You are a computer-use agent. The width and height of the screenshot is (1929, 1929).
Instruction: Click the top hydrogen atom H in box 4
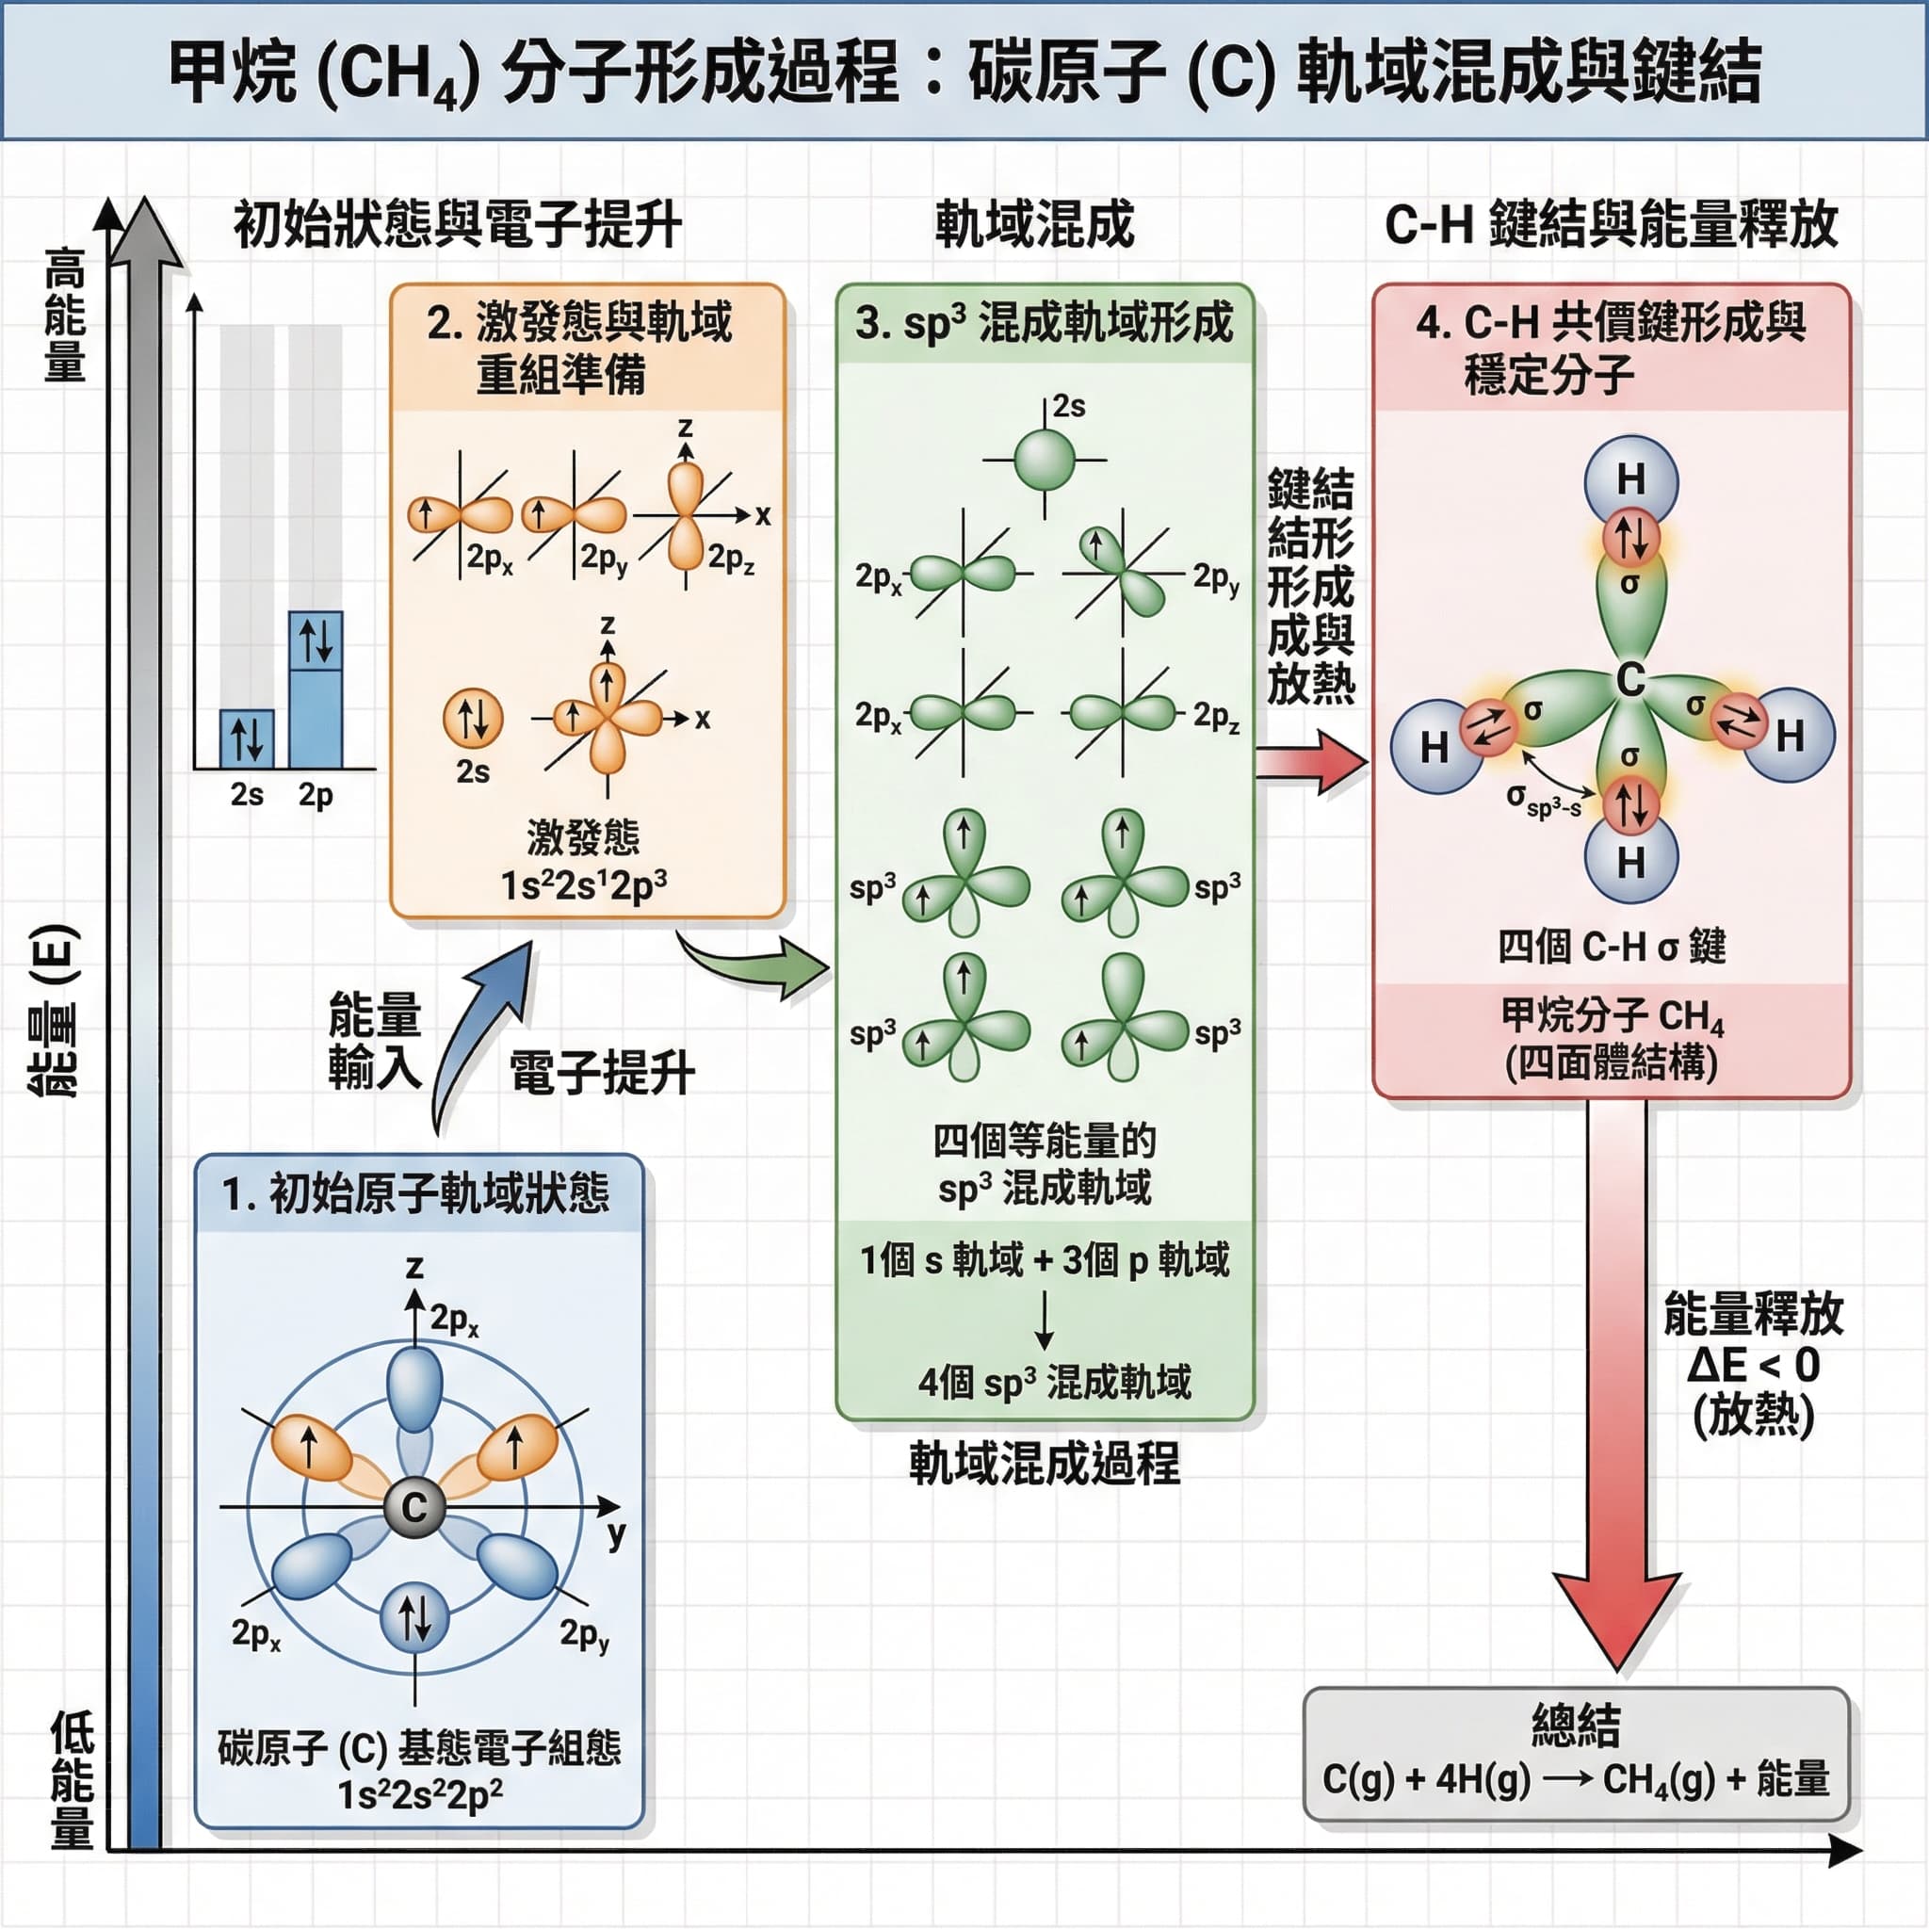coord(1630,479)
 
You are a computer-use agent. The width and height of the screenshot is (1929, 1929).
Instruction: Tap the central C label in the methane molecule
coord(1630,680)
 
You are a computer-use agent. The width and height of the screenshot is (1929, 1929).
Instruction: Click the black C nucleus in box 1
coord(413,1507)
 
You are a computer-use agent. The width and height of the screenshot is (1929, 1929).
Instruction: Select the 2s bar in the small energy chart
coord(247,738)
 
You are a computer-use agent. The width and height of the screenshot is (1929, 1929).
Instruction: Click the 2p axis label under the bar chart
coord(316,795)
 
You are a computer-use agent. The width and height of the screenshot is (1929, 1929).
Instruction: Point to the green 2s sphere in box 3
coord(1045,460)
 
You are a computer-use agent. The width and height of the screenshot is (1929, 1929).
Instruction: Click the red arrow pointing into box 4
coord(1311,762)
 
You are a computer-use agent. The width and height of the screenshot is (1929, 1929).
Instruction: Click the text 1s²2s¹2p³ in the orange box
coord(584,885)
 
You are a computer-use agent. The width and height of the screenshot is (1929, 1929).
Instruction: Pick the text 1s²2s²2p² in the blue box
coord(419,1795)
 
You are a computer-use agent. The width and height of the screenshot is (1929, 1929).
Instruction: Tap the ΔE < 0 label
coord(1753,1365)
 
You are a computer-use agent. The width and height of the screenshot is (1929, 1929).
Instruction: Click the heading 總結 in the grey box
coord(1576,1725)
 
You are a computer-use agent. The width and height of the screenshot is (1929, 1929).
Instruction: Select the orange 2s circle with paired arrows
coord(472,718)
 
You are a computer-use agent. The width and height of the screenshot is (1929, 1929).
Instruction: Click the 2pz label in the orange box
coord(731,559)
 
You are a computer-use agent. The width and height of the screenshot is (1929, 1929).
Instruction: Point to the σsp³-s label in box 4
coord(1544,800)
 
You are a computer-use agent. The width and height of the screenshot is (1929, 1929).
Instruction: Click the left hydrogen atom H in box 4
coord(1435,746)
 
